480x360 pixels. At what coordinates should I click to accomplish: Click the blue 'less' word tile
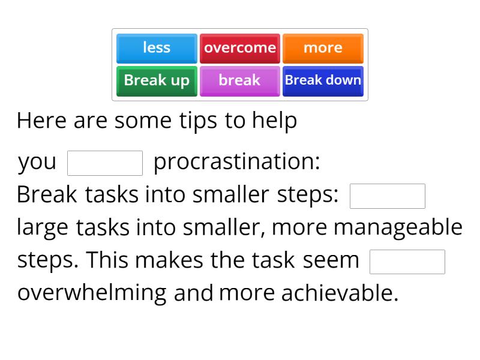(x=157, y=48)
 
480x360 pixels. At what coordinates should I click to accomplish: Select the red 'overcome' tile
(x=240, y=48)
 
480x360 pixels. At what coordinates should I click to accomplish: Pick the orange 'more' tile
(x=323, y=48)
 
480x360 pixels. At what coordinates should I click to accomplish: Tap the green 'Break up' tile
(x=157, y=80)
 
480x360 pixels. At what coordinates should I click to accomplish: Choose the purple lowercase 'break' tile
(x=240, y=80)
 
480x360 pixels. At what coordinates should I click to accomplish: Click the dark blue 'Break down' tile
(x=323, y=80)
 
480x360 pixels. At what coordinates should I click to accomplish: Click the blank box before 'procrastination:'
(x=105, y=163)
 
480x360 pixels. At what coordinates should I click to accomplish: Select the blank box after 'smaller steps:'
(x=388, y=196)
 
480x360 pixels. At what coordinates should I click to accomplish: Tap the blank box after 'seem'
(x=407, y=262)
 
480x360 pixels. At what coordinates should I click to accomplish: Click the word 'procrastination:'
(x=237, y=162)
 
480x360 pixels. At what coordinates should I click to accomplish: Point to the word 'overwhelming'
(x=92, y=293)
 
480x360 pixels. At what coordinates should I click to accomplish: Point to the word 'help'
(x=274, y=121)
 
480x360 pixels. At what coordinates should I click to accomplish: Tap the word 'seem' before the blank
(x=331, y=260)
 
